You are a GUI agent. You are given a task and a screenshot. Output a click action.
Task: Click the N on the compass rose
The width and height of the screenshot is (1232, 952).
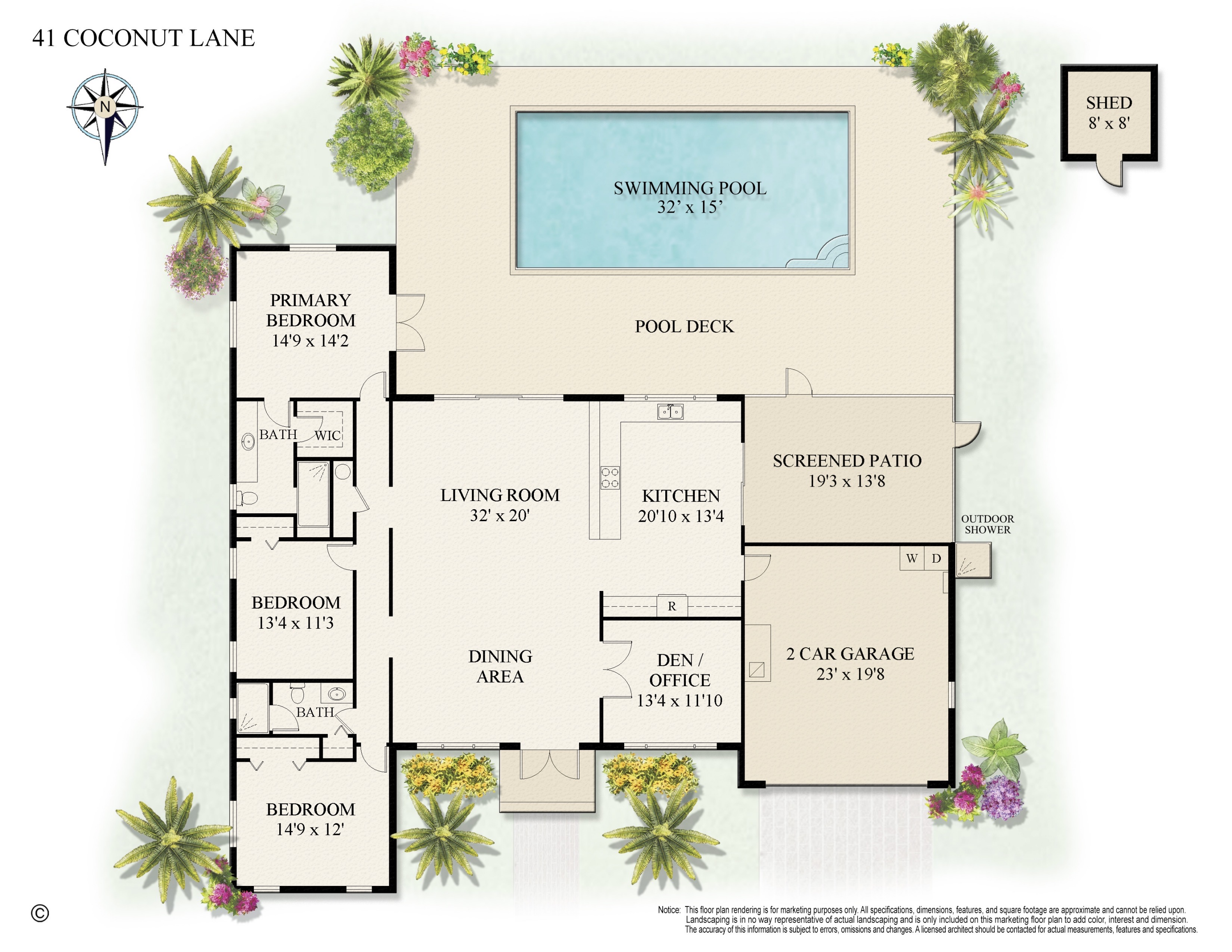tap(105, 106)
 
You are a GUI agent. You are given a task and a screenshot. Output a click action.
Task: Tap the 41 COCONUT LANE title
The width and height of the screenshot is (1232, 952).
tap(143, 38)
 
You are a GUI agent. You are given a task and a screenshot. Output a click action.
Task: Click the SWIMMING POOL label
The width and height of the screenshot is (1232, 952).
tap(690, 189)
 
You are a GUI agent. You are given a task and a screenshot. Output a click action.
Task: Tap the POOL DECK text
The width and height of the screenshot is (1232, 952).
tap(684, 327)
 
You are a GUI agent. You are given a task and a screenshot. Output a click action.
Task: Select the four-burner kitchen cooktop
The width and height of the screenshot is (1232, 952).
tap(610, 477)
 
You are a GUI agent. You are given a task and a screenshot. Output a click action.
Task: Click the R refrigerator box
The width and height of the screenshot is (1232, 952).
tap(671, 606)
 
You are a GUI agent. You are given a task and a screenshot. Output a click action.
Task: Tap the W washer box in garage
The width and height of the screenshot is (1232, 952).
tap(912, 558)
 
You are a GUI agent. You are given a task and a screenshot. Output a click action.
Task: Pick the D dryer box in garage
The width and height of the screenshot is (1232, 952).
tap(936, 558)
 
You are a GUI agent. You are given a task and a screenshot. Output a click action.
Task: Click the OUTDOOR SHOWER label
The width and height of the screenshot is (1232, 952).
tap(987, 524)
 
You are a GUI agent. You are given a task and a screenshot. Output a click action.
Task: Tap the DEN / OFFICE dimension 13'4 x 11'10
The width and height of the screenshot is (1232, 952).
tap(679, 701)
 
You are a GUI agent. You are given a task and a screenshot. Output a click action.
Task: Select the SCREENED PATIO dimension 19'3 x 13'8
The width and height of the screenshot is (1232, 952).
tap(847, 481)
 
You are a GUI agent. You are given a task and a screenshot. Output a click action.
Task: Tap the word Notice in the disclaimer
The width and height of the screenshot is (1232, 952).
tap(669, 910)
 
